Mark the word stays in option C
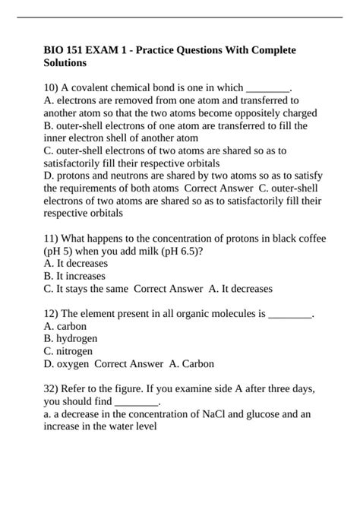tap(79, 289)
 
